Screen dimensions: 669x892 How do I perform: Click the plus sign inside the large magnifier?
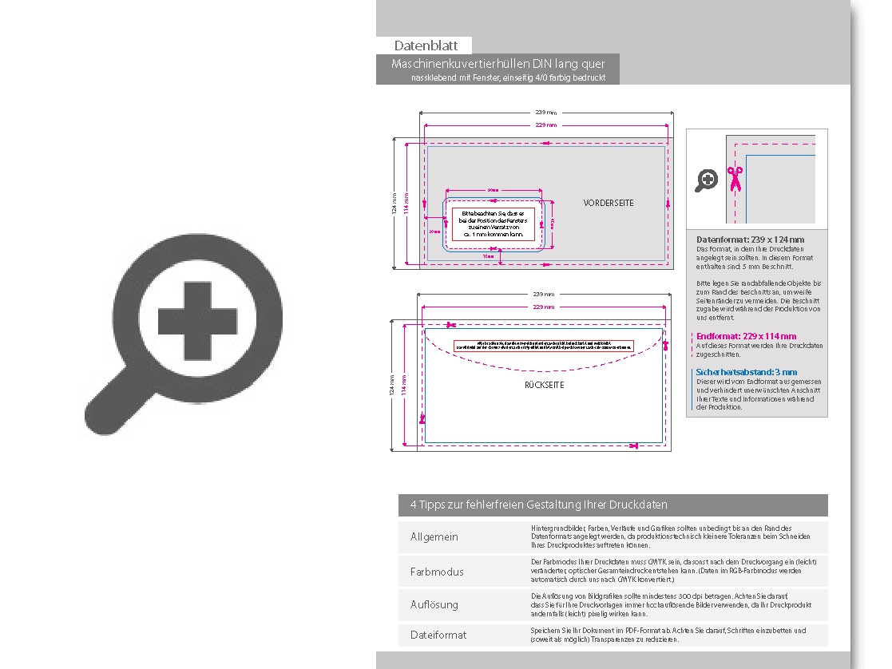click(x=198, y=319)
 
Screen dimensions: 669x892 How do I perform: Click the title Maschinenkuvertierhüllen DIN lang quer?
click(x=498, y=64)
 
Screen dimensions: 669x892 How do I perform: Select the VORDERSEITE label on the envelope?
click(x=609, y=203)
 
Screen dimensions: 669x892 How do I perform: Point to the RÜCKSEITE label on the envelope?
click(x=545, y=385)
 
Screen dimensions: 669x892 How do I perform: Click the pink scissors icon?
click(x=735, y=178)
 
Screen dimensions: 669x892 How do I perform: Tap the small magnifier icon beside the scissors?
click(x=706, y=180)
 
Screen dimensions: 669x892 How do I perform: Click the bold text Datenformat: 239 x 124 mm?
click(x=750, y=239)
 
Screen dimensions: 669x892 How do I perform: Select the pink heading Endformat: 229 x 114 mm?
click(x=746, y=337)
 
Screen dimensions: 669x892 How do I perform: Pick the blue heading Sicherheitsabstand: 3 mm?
click(x=746, y=372)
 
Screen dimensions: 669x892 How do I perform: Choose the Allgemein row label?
click(x=434, y=536)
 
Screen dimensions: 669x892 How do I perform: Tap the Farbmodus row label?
click(x=437, y=572)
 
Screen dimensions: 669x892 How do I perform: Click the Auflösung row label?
click(x=434, y=604)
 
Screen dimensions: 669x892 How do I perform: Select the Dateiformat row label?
click(x=438, y=635)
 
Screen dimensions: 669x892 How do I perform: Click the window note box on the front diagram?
click(x=493, y=224)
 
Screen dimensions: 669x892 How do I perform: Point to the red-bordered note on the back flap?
click(x=543, y=346)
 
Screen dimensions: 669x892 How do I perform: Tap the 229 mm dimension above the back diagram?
click(x=545, y=307)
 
